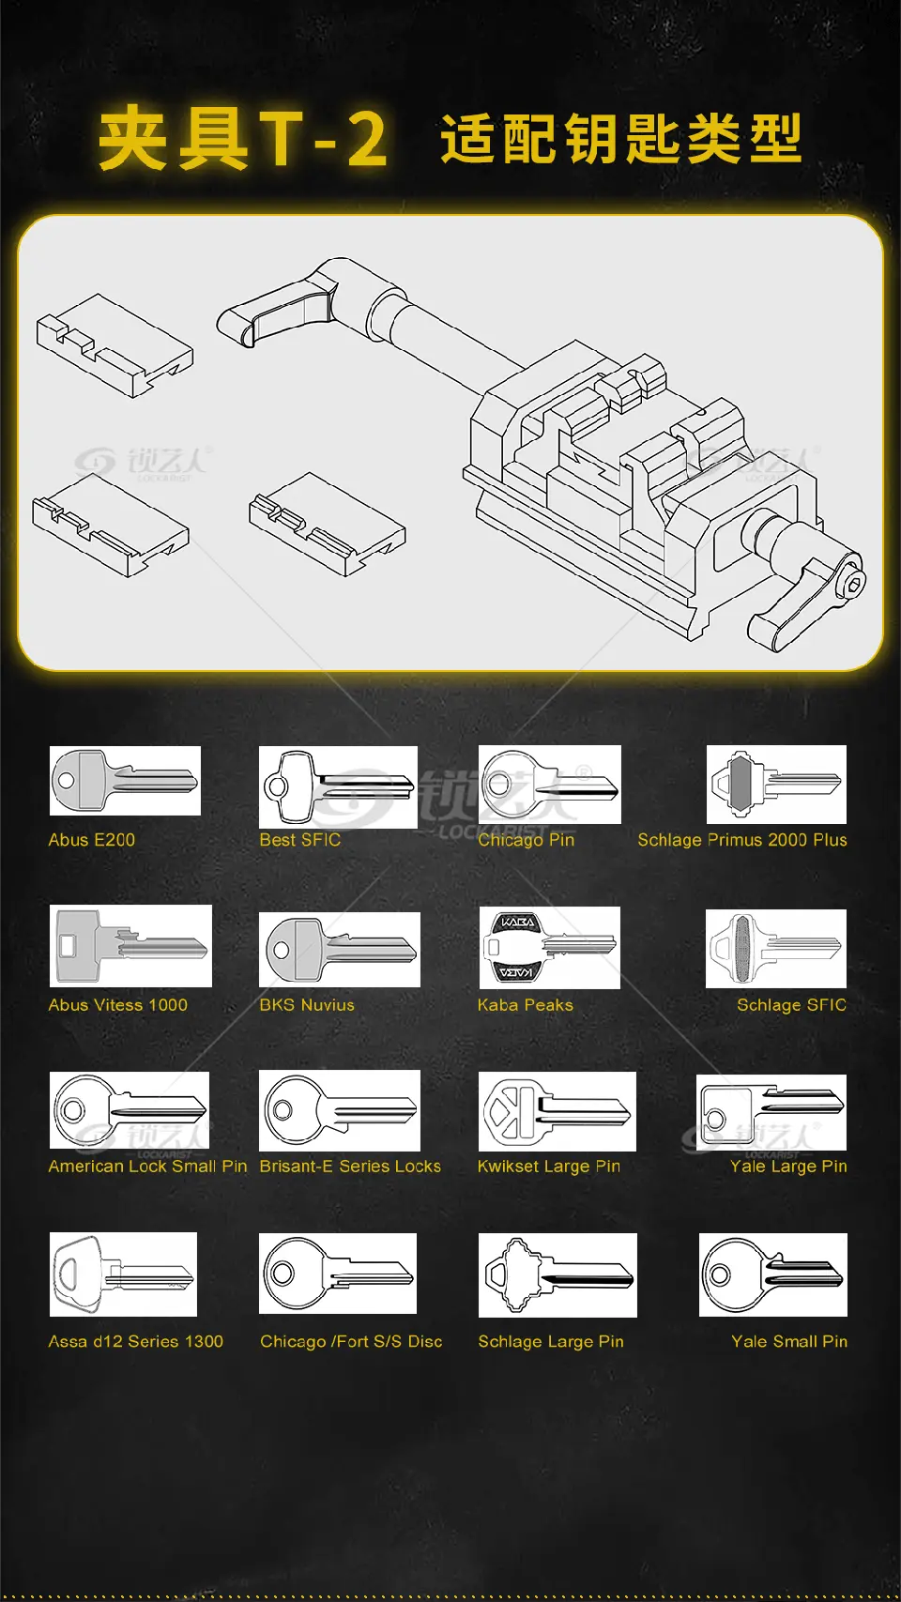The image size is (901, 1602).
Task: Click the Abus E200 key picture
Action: coord(125,780)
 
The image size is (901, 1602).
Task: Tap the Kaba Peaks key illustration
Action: coord(550,948)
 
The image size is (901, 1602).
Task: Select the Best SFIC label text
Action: coord(300,840)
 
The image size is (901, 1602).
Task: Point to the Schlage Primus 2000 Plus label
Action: coord(742,840)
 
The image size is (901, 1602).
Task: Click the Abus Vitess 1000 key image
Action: coord(130,945)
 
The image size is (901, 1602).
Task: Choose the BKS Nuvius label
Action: coord(307,1005)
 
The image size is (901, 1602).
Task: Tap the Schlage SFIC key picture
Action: coord(776,948)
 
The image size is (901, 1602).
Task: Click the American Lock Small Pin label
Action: coord(148,1166)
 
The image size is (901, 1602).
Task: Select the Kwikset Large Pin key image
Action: coord(557,1111)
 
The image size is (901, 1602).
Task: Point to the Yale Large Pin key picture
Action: coord(771,1112)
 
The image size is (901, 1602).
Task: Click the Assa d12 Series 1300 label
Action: coord(136,1341)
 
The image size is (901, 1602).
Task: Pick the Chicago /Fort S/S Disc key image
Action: coord(338,1273)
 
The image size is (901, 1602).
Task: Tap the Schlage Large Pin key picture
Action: coord(557,1275)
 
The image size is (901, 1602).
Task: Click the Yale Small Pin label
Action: coord(789,1341)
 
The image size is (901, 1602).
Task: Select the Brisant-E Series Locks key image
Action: coord(340,1110)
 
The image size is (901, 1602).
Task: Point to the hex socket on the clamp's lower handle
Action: coord(854,581)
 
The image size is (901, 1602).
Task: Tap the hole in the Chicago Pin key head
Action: coord(500,785)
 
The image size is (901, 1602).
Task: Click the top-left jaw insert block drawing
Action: coord(115,345)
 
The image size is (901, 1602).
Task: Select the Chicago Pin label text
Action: coord(527,840)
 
